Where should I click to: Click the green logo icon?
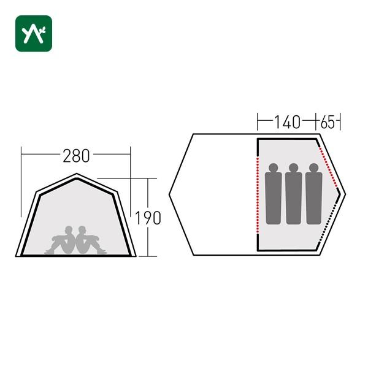[x=34, y=33]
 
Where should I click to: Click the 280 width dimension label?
[x=76, y=156]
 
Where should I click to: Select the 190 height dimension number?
[x=148, y=218]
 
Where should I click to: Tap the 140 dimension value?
[x=287, y=122]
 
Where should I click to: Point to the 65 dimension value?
[x=328, y=122]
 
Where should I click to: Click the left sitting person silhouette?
[x=61, y=240]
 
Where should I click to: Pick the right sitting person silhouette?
[x=91, y=240]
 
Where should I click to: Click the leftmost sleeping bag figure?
[x=274, y=194]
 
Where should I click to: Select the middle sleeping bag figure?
[x=294, y=194]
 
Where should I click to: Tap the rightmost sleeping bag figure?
[x=314, y=194]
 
